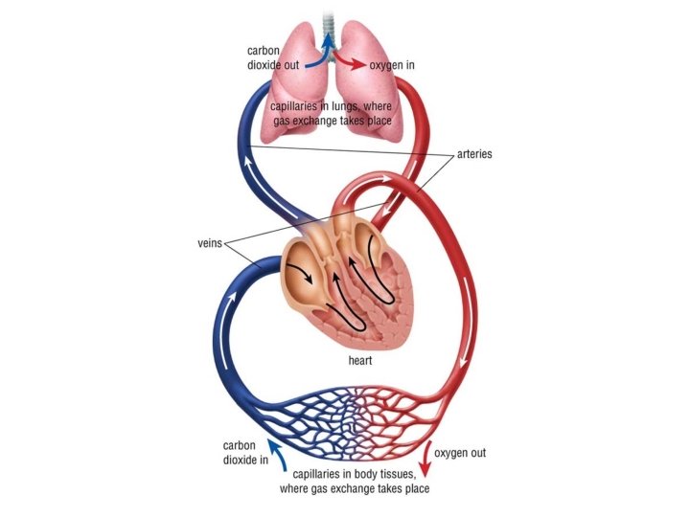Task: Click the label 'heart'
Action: (360, 363)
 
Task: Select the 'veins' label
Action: (208, 243)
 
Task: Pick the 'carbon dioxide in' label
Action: (245, 453)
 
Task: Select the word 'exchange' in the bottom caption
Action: (349, 489)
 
